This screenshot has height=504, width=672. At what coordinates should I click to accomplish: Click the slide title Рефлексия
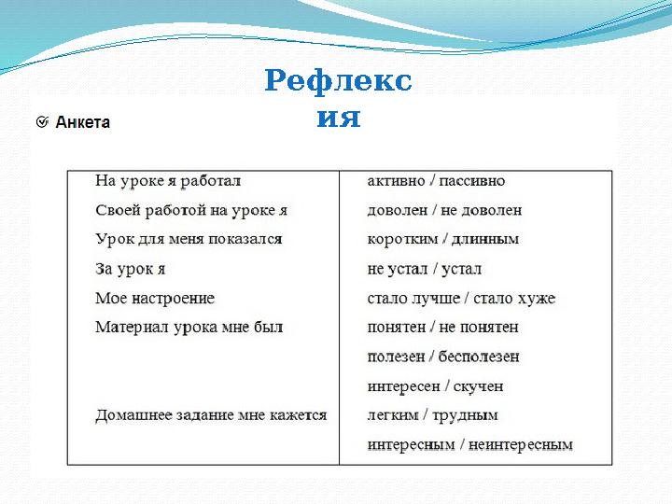338,98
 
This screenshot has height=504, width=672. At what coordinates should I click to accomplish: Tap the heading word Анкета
83,122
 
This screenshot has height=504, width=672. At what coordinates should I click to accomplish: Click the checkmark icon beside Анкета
42,122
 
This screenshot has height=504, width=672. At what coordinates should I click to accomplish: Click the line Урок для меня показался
189,239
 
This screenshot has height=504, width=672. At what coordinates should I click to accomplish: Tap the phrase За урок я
130,269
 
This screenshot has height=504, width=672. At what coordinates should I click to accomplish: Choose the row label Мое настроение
155,298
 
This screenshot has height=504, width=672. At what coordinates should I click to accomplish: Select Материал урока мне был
189,327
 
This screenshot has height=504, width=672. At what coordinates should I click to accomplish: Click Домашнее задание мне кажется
211,414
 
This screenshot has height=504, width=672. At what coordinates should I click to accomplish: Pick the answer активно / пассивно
436,180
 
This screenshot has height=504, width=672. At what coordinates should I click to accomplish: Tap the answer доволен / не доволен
444,210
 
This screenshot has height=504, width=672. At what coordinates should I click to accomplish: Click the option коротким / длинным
442,239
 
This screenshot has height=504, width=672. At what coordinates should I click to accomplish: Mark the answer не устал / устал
424,269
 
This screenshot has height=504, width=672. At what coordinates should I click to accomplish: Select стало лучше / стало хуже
461,298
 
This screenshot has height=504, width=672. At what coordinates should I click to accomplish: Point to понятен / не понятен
442,327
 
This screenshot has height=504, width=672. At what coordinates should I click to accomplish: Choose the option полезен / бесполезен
443,357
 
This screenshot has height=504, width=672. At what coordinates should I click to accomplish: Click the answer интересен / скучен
435,385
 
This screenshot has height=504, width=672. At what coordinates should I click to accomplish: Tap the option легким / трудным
432,414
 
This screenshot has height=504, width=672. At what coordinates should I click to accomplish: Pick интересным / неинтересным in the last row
469,444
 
